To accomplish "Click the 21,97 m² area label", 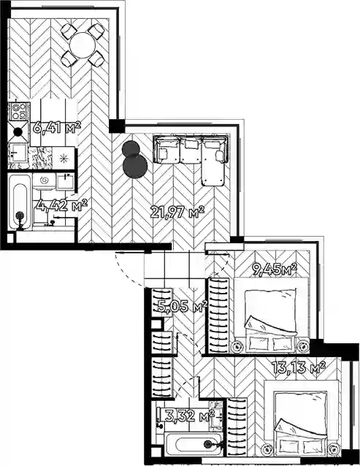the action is pos(177,212).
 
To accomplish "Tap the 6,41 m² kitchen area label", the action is pos(57,128).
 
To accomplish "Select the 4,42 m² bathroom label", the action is pos(62,205).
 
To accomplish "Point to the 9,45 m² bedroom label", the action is pos(275,270).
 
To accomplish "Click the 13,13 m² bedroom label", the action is pos(299,367).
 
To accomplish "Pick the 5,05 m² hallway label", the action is pos(183,307).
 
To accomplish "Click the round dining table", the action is pos(83,45).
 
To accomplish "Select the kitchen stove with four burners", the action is pos(18,112).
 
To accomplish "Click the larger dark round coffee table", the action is pos(135,166).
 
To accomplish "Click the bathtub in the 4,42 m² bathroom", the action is pos(20,202).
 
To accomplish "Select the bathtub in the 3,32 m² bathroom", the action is pos(193,444).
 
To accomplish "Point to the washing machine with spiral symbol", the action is pos(44,181).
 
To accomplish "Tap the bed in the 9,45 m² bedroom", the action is pos(271,315).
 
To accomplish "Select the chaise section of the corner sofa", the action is pos(213,161).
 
